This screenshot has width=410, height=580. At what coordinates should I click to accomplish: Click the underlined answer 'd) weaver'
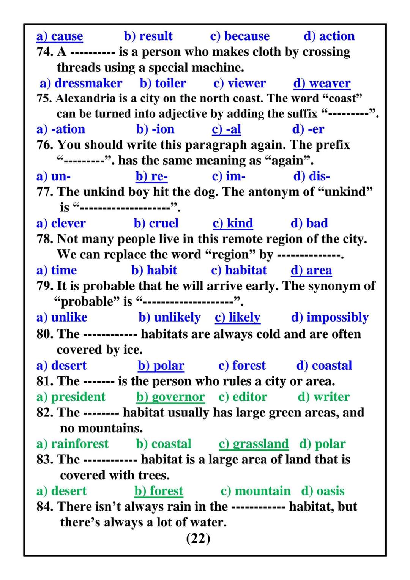point(322,83)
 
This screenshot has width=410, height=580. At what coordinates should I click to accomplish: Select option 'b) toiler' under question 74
point(163,83)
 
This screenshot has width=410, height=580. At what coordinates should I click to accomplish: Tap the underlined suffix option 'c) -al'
point(226,129)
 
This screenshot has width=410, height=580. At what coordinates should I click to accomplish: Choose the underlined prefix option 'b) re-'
point(151,177)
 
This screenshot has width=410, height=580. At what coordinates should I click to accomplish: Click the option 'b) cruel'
point(156,223)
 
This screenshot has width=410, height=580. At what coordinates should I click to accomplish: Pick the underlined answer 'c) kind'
point(233,223)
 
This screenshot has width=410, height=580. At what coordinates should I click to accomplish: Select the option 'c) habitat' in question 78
point(239,270)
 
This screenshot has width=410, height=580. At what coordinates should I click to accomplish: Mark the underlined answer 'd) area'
point(311,270)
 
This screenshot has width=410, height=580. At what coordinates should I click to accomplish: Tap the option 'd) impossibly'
point(330,317)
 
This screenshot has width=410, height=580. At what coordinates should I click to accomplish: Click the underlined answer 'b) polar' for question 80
point(161,366)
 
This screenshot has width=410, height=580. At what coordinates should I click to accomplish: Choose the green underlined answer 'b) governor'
point(170,397)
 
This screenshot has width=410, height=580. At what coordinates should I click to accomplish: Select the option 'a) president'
point(71,397)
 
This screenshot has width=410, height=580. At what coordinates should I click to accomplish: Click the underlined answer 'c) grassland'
point(254,444)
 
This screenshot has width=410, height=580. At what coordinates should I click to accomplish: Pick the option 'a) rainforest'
point(72,444)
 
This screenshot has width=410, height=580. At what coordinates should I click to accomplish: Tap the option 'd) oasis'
point(323,491)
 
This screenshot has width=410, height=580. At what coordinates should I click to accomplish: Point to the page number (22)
point(198,538)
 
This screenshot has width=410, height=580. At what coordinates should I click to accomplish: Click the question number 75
point(44,99)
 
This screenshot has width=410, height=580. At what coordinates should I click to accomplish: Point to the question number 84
point(44,507)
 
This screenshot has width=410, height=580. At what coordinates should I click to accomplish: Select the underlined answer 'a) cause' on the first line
point(60,36)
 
